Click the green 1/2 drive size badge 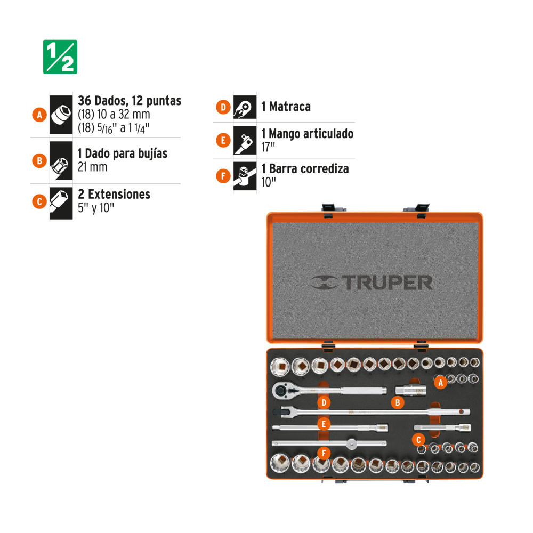[x=60, y=57]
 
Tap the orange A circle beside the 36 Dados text [x=39, y=115]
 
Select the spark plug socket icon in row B [x=61, y=161]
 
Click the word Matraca [x=289, y=107]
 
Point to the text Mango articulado [x=311, y=134]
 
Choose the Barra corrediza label [x=309, y=168]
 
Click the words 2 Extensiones [x=114, y=194]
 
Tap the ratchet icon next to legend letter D [x=245, y=107]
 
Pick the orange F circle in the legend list [x=223, y=176]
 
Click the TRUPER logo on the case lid [x=371, y=283]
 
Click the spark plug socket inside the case [x=410, y=391]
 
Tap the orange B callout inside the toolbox [x=398, y=403]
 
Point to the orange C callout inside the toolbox [x=419, y=440]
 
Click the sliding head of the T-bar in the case [x=351, y=443]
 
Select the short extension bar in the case [x=442, y=427]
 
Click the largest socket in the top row [x=280, y=367]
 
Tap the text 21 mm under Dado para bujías [x=92, y=167]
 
